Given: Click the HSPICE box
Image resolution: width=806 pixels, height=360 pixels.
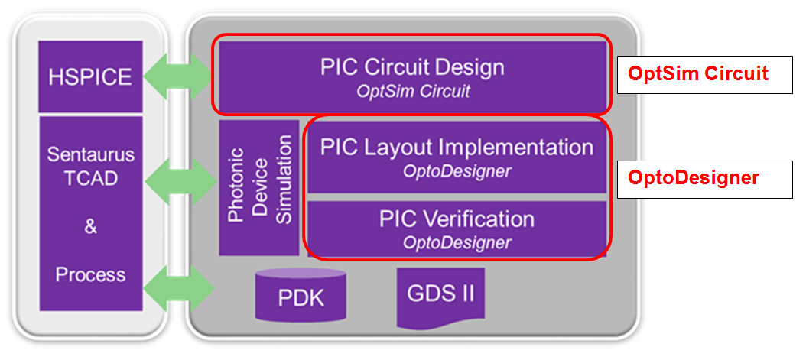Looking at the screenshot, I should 90,76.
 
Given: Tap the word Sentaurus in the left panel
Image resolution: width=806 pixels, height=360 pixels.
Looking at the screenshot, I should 90,155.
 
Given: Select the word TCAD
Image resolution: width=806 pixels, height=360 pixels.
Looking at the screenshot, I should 90,181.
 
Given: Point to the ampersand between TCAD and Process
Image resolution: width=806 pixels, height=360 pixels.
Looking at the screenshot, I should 90,227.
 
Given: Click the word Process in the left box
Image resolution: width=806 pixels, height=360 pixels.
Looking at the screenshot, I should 90,274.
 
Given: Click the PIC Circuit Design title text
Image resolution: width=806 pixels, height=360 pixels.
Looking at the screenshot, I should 412,67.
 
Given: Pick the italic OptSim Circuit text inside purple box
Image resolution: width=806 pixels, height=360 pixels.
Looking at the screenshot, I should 412,91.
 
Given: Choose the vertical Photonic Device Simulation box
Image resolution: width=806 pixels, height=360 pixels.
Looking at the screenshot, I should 259,187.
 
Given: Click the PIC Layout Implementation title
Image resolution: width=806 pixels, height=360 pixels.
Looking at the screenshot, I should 457,147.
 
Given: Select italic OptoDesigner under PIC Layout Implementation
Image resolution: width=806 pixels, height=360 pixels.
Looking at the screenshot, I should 457,171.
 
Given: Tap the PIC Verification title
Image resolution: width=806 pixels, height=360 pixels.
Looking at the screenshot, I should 457,219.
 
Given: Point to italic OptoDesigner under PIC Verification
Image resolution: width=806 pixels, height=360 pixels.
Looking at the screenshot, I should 457,243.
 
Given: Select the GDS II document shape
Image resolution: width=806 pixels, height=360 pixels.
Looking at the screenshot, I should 440,294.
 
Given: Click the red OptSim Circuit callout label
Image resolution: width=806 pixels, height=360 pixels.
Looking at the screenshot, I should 697,74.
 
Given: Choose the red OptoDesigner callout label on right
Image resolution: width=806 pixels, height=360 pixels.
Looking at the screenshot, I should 693,178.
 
